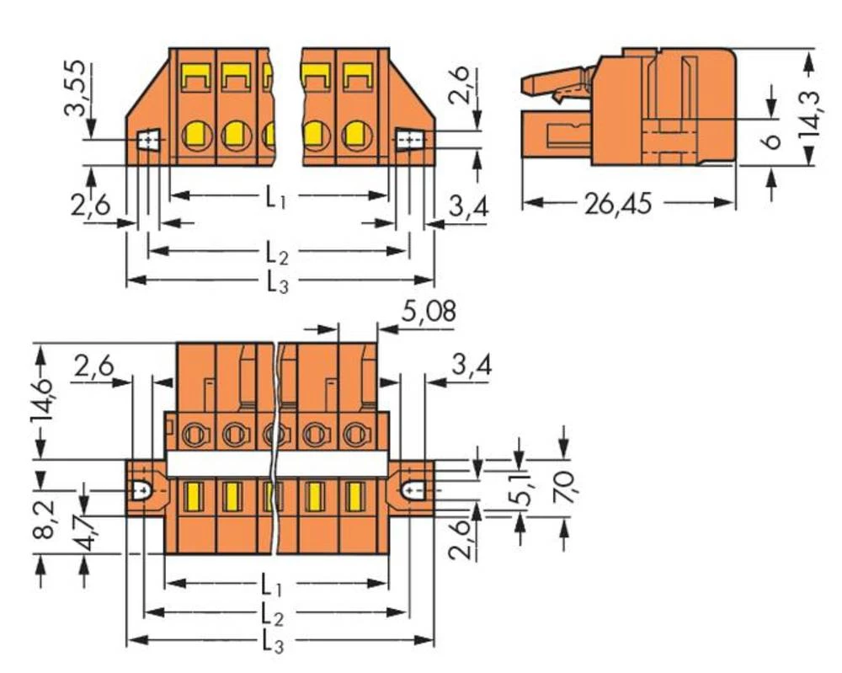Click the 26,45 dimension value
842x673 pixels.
click(x=616, y=204)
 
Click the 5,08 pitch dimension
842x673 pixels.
click(x=429, y=312)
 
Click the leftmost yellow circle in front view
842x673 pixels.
click(x=196, y=135)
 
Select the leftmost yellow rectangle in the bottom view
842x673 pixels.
click(x=191, y=495)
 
